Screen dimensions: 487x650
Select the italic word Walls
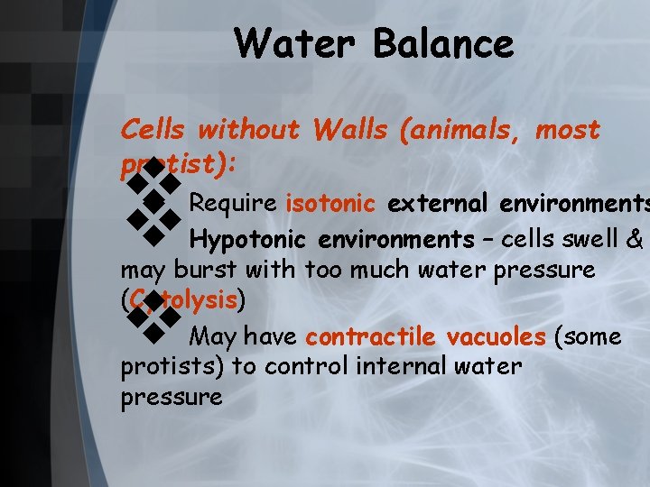pos(349,130)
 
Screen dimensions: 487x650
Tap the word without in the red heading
pos(247,130)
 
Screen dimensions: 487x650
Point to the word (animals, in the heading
pos(460,130)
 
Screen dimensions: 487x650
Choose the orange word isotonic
pos(330,203)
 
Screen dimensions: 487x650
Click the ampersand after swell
pos(635,240)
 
